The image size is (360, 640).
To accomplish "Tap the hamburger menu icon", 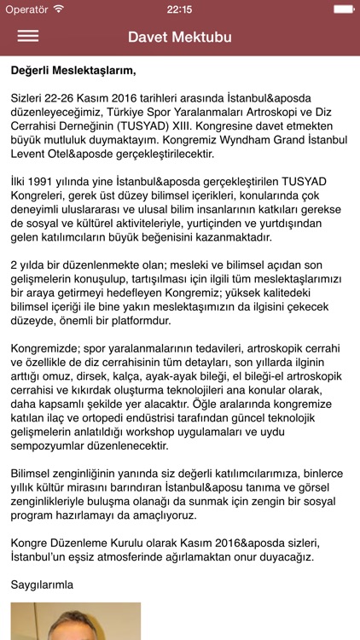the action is (28, 37).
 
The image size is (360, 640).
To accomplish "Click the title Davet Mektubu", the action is (180, 37).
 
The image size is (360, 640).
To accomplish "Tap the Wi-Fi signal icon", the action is (58, 8).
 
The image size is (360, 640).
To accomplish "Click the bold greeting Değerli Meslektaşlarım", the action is (73, 70).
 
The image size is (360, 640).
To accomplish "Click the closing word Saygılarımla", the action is (42, 585).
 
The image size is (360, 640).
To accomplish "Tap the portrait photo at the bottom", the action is (76, 622).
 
